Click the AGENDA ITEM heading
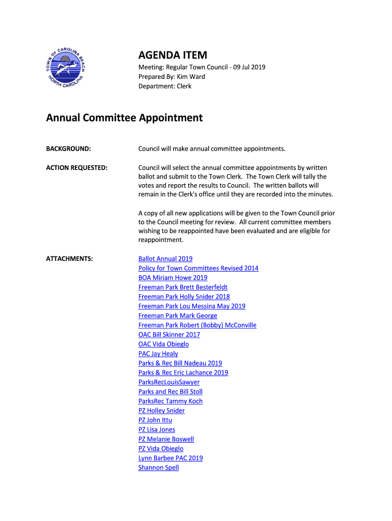click(x=173, y=55)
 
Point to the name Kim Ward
click(x=191, y=77)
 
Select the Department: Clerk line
click(x=165, y=86)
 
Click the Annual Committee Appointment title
click(x=124, y=118)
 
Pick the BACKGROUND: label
click(x=69, y=149)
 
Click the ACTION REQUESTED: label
click(x=77, y=168)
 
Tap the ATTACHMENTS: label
click(x=70, y=259)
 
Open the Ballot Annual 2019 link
click(x=165, y=259)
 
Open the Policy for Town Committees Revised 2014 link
click(x=198, y=268)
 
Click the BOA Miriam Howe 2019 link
click(x=173, y=278)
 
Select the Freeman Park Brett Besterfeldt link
click(x=183, y=287)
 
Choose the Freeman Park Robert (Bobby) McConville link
click(x=197, y=325)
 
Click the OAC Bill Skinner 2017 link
click(x=169, y=335)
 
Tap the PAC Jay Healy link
click(x=158, y=354)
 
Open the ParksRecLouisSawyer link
click(x=169, y=382)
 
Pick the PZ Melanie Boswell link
click(x=166, y=439)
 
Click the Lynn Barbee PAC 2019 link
click(x=171, y=458)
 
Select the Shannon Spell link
click(x=158, y=468)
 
